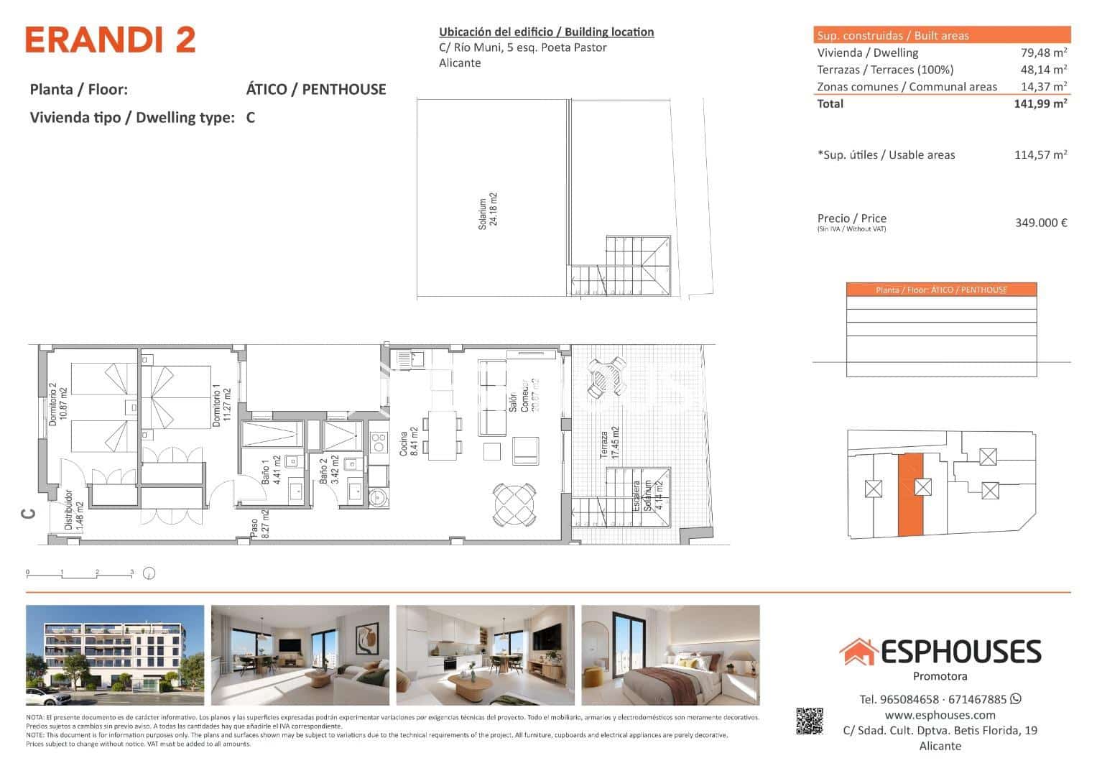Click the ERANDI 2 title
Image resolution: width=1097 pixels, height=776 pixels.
tap(111, 40)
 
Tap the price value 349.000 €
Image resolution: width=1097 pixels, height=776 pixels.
tap(1040, 223)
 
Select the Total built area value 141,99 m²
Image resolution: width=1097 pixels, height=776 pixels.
tap(1040, 103)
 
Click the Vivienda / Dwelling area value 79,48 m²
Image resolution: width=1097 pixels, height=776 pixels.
tap(1043, 52)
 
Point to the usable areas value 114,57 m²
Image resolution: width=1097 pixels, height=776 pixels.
tap(1040, 154)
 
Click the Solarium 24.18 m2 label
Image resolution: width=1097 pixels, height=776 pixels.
tap(489, 210)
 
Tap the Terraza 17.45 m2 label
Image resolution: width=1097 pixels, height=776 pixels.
tap(610, 443)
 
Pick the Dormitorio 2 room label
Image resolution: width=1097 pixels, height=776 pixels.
tap(57, 407)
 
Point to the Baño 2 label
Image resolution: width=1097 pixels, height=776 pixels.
tap(328, 471)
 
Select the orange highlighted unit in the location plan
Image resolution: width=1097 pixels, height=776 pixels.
tap(910, 496)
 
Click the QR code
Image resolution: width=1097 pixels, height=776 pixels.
tap(809, 721)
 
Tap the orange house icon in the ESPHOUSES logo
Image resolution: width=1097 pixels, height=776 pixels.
tap(858, 652)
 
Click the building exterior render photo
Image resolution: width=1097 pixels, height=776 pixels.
tap(115, 655)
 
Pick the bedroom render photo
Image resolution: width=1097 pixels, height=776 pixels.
tap(670, 655)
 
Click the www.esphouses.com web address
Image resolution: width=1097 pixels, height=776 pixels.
tap(940, 715)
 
